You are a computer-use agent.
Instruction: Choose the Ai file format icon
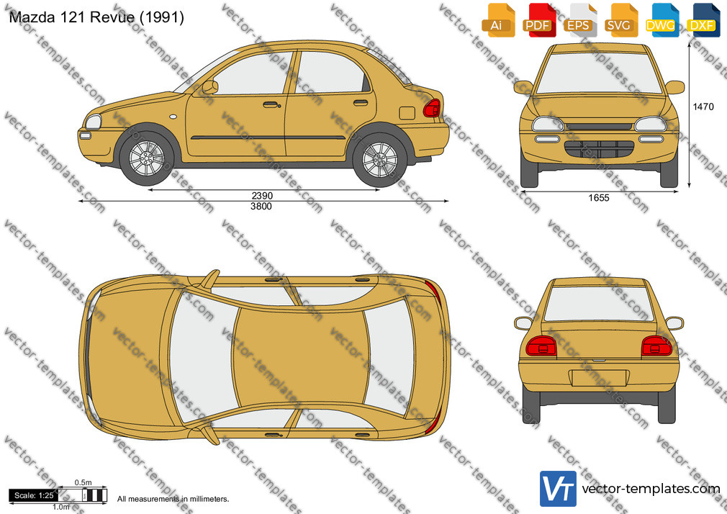pyautogui.click(x=498, y=20)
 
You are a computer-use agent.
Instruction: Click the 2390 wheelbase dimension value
pyautogui.click(x=262, y=196)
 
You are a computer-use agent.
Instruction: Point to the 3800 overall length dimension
pyautogui.click(x=261, y=207)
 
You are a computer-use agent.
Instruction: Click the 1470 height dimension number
pyautogui.click(x=703, y=107)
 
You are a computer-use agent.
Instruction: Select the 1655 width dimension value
pyautogui.click(x=599, y=198)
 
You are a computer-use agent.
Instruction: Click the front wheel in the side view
pyautogui.click(x=147, y=158)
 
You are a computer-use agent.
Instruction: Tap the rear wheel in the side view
pyautogui.click(x=380, y=159)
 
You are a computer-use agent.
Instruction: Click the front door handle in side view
pyautogui.click(x=272, y=105)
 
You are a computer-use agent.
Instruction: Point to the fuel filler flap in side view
pyautogui.click(x=407, y=113)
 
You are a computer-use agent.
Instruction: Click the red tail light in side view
pyautogui.click(x=432, y=108)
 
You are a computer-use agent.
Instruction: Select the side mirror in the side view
pyautogui.click(x=210, y=87)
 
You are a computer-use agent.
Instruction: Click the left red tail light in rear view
pyautogui.click(x=541, y=346)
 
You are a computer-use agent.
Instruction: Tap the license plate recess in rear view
pyautogui.click(x=599, y=378)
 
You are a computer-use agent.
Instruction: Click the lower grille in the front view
pyautogui.click(x=599, y=149)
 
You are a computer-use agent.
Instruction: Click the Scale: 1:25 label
pyautogui.click(x=34, y=495)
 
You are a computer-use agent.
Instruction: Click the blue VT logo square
pyautogui.click(x=559, y=489)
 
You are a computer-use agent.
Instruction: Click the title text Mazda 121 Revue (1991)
pyautogui.click(x=96, y=17)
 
